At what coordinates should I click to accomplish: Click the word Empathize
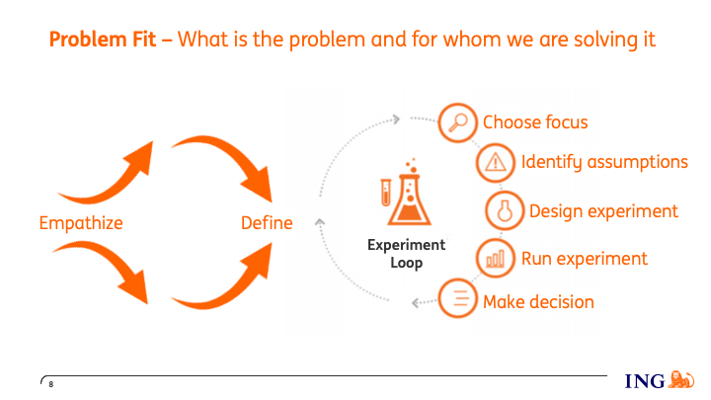click(x=81, y=222)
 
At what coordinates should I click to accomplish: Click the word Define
click(x=267, y=222)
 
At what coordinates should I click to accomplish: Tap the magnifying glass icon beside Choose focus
click(x=459, y=122)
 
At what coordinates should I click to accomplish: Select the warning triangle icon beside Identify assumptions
click(x=496, y=162)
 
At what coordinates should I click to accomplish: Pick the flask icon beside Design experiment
click(x=506, y=211)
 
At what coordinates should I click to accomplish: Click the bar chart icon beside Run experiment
click(x=496, y=259)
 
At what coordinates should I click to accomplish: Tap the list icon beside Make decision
click(x=459, y=300)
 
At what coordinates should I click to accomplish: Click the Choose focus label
click(x=535, y=122)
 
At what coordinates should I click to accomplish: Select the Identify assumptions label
click(x=604, y=161)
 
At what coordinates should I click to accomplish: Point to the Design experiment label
click(x=603, y=210)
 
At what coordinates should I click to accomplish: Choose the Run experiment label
click(x=585, y=259)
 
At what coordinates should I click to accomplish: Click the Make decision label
click(x=538, y=301)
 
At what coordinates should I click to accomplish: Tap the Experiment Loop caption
click(x=406, y=254)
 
